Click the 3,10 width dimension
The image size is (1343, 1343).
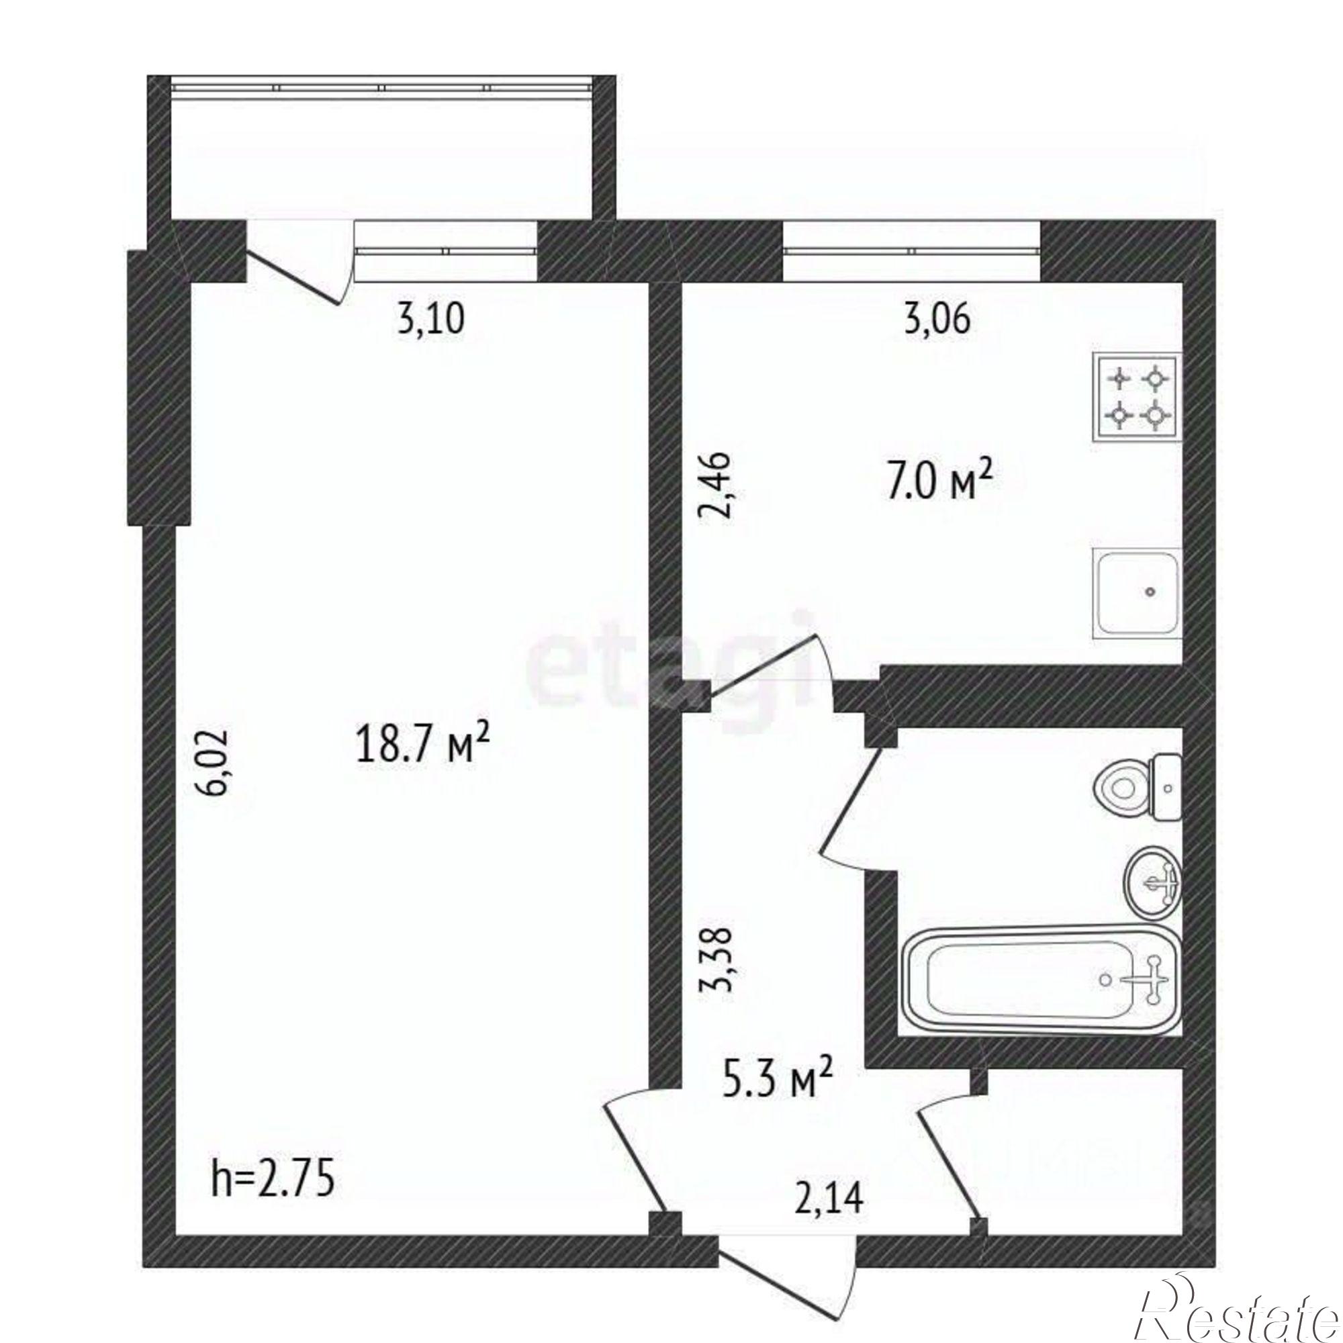tap(430, 322)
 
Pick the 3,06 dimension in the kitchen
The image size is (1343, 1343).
tap(936, 322)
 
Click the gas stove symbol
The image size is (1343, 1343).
tap(1138, 398)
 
